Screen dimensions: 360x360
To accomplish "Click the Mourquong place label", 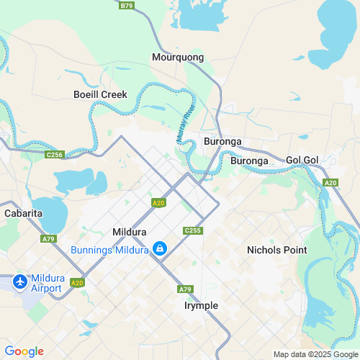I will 178,57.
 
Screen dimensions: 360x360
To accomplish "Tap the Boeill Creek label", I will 100,94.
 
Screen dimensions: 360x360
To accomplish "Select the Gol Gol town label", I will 302,159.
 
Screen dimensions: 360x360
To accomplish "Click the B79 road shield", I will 127,5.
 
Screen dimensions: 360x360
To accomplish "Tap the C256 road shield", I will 54,155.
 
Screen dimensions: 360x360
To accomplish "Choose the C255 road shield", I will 191,230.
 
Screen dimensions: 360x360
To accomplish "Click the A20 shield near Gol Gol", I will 330,183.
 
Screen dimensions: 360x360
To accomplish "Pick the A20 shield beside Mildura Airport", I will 78,282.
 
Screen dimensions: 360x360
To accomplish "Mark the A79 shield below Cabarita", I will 48,238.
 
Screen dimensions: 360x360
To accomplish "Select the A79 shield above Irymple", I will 185,289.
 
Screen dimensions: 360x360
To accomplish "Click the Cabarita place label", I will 23,214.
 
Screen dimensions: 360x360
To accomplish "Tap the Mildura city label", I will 130,233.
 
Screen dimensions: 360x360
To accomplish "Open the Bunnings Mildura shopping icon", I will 161,250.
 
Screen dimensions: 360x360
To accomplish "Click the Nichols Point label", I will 276,250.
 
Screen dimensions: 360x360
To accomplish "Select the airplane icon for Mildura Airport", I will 19,280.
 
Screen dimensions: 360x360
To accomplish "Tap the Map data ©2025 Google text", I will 315,354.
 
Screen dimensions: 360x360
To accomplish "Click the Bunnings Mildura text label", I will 109,250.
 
